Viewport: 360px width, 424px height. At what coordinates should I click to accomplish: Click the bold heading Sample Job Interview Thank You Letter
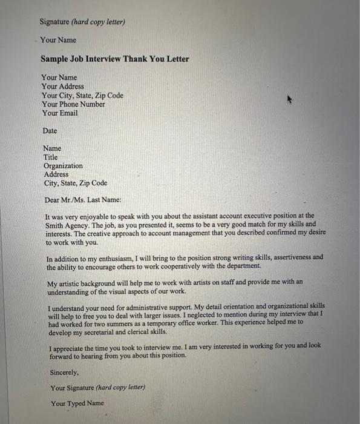click(115, 59)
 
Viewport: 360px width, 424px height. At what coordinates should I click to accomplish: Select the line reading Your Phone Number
click(73, 104)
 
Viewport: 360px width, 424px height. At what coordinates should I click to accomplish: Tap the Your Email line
click(60, 113)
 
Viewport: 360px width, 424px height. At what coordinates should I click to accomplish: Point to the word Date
click(50, 131)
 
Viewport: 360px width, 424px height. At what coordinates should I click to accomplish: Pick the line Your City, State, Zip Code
click(82, 96)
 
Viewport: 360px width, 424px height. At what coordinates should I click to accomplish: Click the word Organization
click(64, 166)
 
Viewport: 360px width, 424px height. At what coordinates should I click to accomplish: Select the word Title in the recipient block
click(51, 157)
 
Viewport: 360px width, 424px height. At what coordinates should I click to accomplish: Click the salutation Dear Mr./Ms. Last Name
click(83, 200)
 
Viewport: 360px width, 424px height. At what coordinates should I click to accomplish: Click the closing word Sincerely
click(64, 374)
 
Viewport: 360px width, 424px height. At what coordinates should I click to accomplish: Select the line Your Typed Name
click(77, 403)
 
